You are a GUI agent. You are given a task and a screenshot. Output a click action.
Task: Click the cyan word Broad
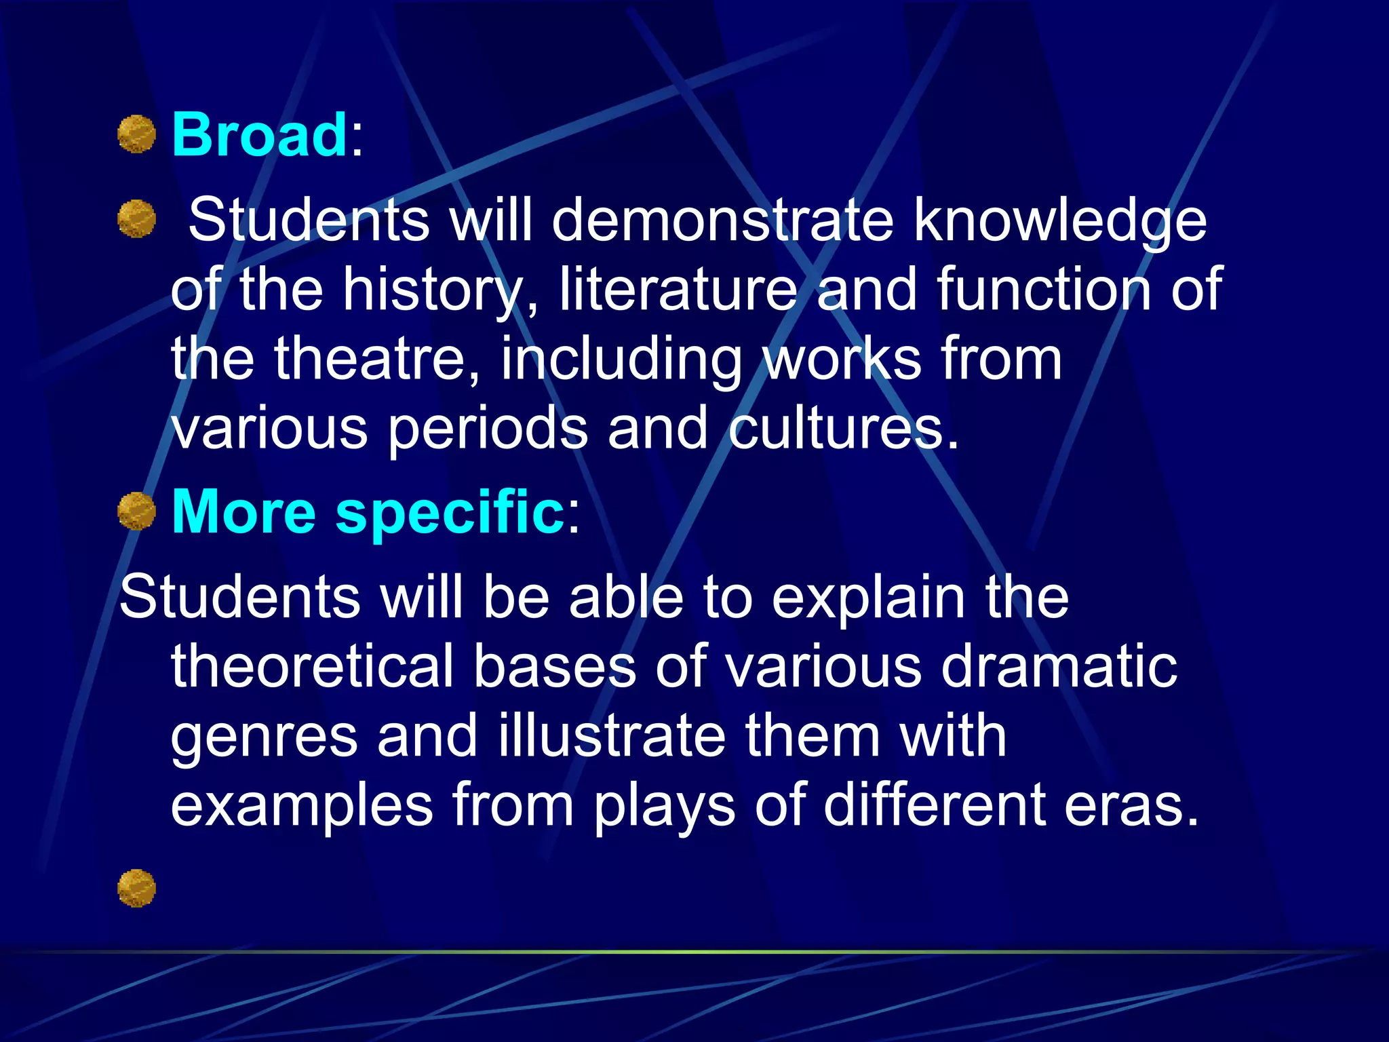point(260,135)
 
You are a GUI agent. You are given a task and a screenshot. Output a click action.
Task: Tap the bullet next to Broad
point(137,134)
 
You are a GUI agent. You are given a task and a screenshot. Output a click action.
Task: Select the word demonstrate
point(723,220)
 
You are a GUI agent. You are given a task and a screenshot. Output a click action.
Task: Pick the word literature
point(678,290)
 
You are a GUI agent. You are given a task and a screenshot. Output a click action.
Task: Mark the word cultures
point(844,429)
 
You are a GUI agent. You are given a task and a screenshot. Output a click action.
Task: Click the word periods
point(488,430)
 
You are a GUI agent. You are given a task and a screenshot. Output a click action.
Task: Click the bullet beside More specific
point(137,512)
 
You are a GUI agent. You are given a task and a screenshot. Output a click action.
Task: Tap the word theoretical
point(312,666)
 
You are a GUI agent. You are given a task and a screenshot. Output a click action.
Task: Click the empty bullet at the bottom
point(137,889)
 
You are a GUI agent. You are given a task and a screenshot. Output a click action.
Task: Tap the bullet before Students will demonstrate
point(137,219)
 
